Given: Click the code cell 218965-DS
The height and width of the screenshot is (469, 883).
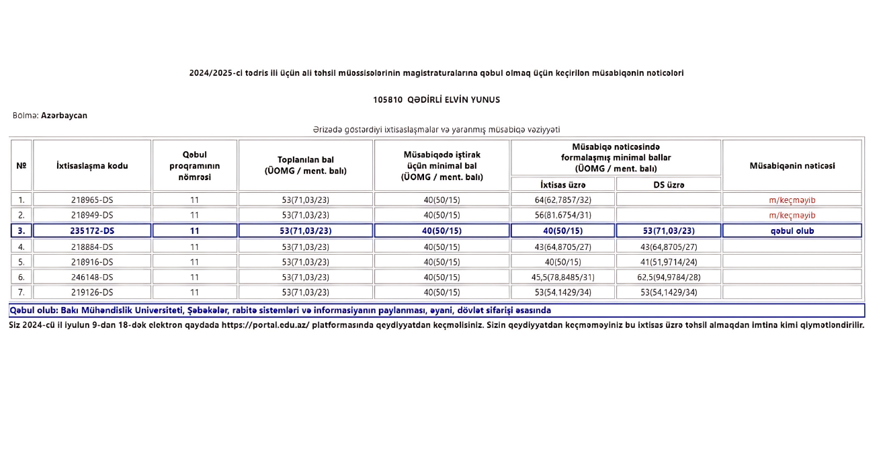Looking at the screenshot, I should click(92, 200).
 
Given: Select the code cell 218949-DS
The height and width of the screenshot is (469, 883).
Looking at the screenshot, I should click(92, 215).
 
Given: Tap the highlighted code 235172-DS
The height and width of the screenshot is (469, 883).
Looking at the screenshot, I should click(92, 230).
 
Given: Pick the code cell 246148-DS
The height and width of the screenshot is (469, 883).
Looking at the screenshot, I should click(92, 277).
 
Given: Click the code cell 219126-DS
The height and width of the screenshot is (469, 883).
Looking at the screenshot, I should click(92, 292).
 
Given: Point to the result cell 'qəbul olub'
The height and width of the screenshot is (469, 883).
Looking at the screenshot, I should click(792, 230).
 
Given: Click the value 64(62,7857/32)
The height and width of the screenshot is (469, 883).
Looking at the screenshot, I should click(562, 200).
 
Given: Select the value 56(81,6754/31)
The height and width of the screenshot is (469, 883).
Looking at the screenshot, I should click(562, 215).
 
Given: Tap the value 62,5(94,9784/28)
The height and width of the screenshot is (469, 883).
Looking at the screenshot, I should click(668, 277).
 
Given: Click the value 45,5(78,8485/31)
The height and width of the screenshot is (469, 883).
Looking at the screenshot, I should click(562, 277).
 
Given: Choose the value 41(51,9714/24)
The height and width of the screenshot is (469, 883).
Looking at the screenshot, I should click(668, 261).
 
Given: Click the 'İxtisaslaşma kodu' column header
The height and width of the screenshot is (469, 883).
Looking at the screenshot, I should click(92, 165).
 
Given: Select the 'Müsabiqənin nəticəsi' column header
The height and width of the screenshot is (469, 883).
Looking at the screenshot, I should click(792, 165).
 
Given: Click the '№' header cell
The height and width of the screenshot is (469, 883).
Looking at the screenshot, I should click(21, 165).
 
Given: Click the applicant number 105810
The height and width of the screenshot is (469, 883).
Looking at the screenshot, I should click(388, 99).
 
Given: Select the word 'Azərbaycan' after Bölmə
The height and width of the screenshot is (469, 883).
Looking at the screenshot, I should click(64, 116).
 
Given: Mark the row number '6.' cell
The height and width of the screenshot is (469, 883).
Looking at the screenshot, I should click(21, 277).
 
